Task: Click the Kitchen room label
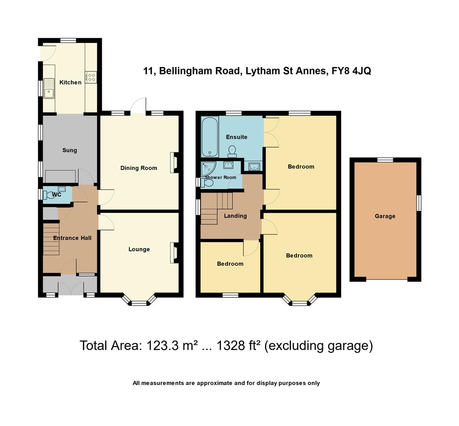pos(70,82)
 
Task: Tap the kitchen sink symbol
pos(49,89)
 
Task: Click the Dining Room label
pos(138,168)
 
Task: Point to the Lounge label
pos(139,249)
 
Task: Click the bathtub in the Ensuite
pos(209,137)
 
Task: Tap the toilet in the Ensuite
pos(232,151)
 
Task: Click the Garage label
pos(385,216)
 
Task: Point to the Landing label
pos(235,216)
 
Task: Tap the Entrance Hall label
pos(72,238)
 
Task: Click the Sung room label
pos(69,150)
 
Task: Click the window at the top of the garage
pos(385,160)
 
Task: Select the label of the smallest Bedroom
pos(230,264)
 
